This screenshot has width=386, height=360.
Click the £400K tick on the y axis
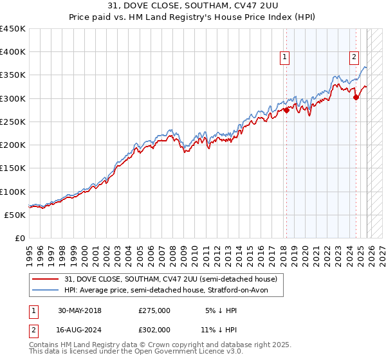pos(12,52)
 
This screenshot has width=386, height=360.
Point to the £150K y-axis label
pos(12,168)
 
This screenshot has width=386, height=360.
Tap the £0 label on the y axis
pos(20,239)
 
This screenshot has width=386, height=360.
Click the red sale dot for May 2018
pos(286,111)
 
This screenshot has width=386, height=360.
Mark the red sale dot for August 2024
pos(356,98)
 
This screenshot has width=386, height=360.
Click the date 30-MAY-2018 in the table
pos(80,310)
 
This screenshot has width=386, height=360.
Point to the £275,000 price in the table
pos(154,310)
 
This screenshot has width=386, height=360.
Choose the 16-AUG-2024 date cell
pos(80,328)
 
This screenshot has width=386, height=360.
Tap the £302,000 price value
pos(154,328)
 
